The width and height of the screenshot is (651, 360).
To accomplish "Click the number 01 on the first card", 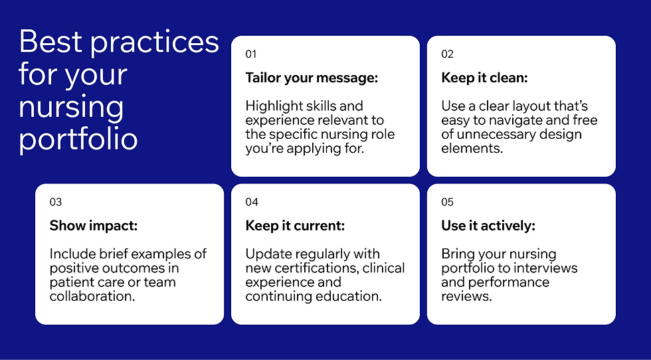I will point(250,54).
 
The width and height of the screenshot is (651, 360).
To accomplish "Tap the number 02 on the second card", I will point(447,54).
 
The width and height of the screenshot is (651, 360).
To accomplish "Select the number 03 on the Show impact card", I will point(56,203).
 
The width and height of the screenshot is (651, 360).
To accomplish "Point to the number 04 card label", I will point(252,203).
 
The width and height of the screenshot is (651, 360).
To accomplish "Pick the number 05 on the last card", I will point(447,203).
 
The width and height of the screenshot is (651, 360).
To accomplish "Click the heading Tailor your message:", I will point(312,78).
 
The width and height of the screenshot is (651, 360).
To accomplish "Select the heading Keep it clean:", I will point(484,78).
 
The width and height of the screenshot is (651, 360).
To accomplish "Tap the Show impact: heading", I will point(93,226).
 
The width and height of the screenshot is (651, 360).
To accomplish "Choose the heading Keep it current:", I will point(295,226).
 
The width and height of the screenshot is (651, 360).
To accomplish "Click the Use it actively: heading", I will point(488,226).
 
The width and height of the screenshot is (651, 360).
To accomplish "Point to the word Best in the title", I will point(50,42).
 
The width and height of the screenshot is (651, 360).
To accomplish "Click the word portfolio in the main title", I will point(78,139).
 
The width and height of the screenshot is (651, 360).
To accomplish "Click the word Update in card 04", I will point(266,254).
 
